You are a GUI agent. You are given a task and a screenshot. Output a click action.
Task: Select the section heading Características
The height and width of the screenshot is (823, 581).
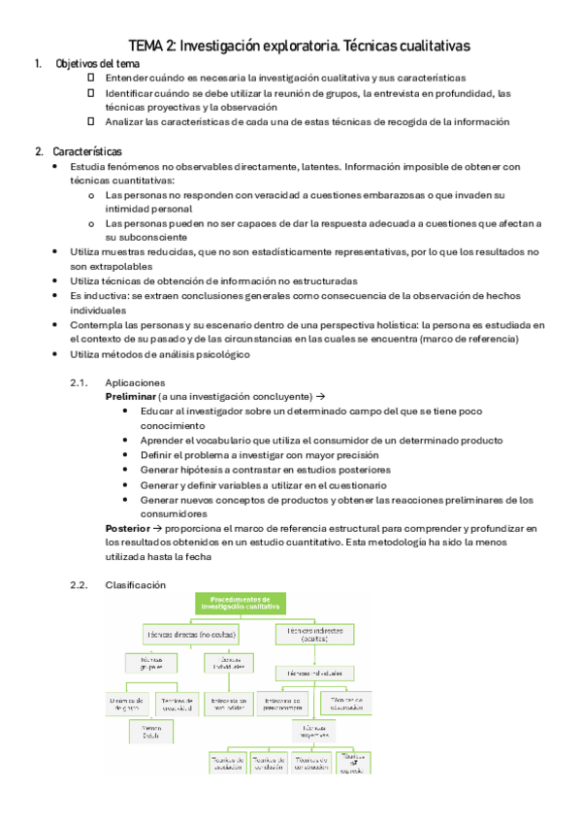click(87, 151)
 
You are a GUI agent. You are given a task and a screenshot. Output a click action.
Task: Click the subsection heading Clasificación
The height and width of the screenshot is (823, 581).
click(135, 584)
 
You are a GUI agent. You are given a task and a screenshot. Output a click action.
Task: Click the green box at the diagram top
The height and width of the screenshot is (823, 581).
click(240, 604)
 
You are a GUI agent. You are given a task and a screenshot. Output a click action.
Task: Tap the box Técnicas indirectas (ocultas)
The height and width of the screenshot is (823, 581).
click(315, 633)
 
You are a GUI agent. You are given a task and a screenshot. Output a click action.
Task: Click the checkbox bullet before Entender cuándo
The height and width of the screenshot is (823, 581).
click(91, 78)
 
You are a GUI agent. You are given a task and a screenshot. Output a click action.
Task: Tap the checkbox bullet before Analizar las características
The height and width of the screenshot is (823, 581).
click(91, 121)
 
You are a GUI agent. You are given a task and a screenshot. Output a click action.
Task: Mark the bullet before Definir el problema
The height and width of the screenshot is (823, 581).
click(130, 454)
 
